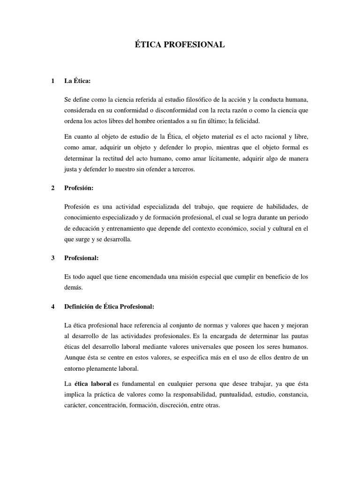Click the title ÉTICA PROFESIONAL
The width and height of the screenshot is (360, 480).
tap(180, 45)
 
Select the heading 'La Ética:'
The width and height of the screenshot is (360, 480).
tap(77, 81)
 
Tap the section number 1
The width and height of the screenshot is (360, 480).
tap(52, 81)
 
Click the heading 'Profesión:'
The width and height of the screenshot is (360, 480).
tap(79, 188)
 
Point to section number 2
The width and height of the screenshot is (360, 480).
tap(52, 188)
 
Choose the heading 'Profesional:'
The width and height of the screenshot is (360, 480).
tap(82, 258)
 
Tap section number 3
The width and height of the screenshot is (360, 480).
tap(52, 258)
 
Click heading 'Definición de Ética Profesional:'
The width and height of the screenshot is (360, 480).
tap(109, 307)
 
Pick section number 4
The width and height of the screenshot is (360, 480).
tap(52, 307)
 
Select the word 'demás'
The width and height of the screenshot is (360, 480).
tap(73, 288)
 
